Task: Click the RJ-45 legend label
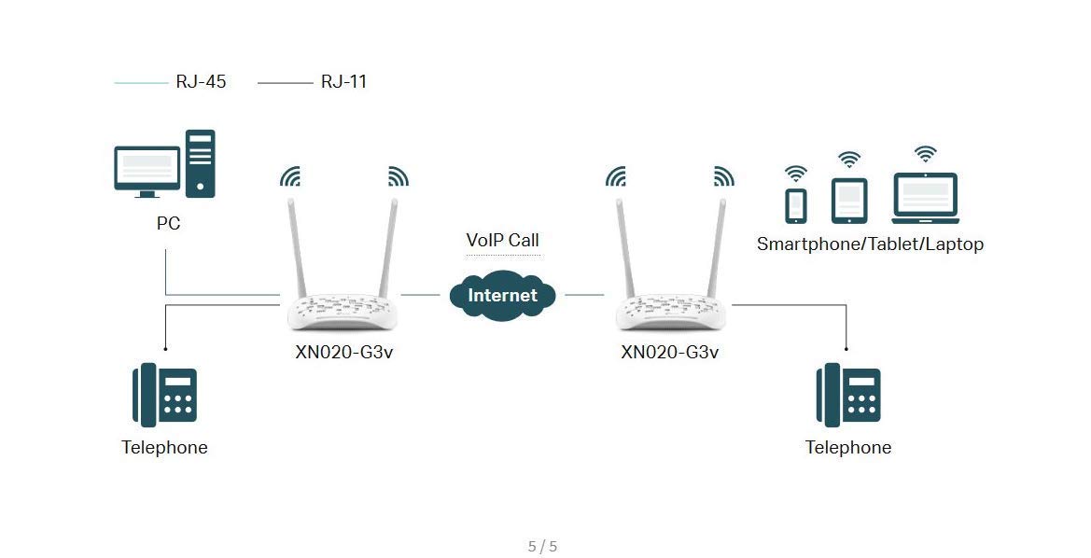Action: click(x=201, y=82)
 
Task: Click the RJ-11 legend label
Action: click(x=343, y=82)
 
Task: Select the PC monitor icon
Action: click(x=147, y=171)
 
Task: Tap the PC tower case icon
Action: click(x=201, y=163)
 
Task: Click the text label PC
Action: click(x=168, y=224)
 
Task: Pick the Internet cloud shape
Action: click(x=502, y=296)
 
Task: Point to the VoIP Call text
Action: click(x=502, y=241)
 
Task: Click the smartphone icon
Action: click(x=796, y=206)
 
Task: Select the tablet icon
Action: click(x=849, y=202)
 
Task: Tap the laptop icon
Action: click(x=925, y=198)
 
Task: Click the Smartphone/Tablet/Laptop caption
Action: click(x=870, y=244)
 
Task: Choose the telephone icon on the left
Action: click(x=164, y=396)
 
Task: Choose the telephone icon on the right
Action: click(x=848, y=396)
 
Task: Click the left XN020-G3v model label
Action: click(x=344, y=353)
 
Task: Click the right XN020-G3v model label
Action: click(x=670, y=353)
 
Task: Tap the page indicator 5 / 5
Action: click(x=542, y=547)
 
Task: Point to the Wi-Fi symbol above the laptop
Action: click(x=925, y=154)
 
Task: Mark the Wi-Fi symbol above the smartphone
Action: click(x=796, y=174)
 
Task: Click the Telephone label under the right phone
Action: click(x=848, y=448)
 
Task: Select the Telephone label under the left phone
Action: click(x=164, y=448)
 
